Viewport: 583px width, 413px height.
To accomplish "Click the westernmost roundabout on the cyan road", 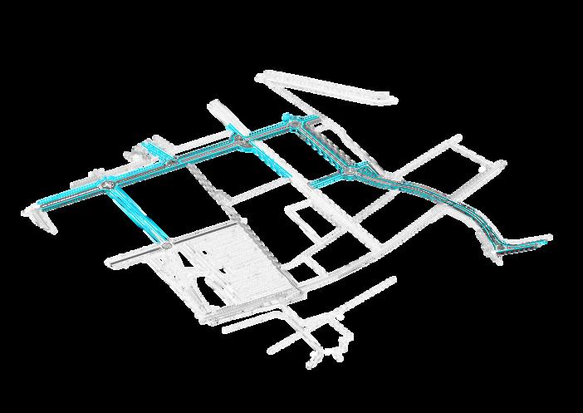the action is point(109,184).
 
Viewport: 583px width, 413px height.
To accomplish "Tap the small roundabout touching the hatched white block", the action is point(166,246).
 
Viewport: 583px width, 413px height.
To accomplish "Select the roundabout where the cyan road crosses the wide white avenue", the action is point(243,145).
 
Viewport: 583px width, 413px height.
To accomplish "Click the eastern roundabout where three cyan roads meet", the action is point(351,171).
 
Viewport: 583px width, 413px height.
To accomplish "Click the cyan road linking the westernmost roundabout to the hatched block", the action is point(137,215).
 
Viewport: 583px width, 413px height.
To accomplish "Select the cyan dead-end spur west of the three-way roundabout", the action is point(328,177).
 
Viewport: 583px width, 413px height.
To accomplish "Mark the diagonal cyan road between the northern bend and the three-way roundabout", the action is point(326,147).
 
